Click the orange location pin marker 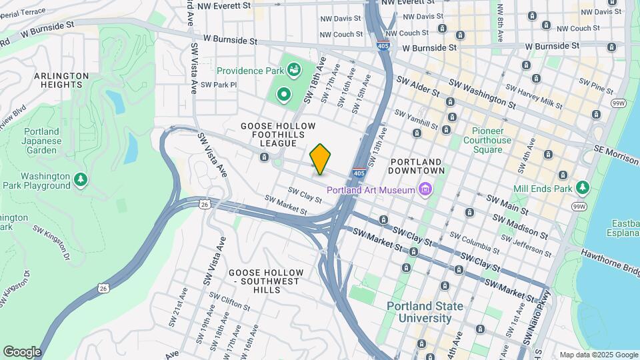click(x=320, y=159)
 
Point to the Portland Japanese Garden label click(x=41, y=141)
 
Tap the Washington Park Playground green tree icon click(x=81, y=179)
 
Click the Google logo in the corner click(x=22, y=352)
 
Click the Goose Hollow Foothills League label click(x=278, y=134)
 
